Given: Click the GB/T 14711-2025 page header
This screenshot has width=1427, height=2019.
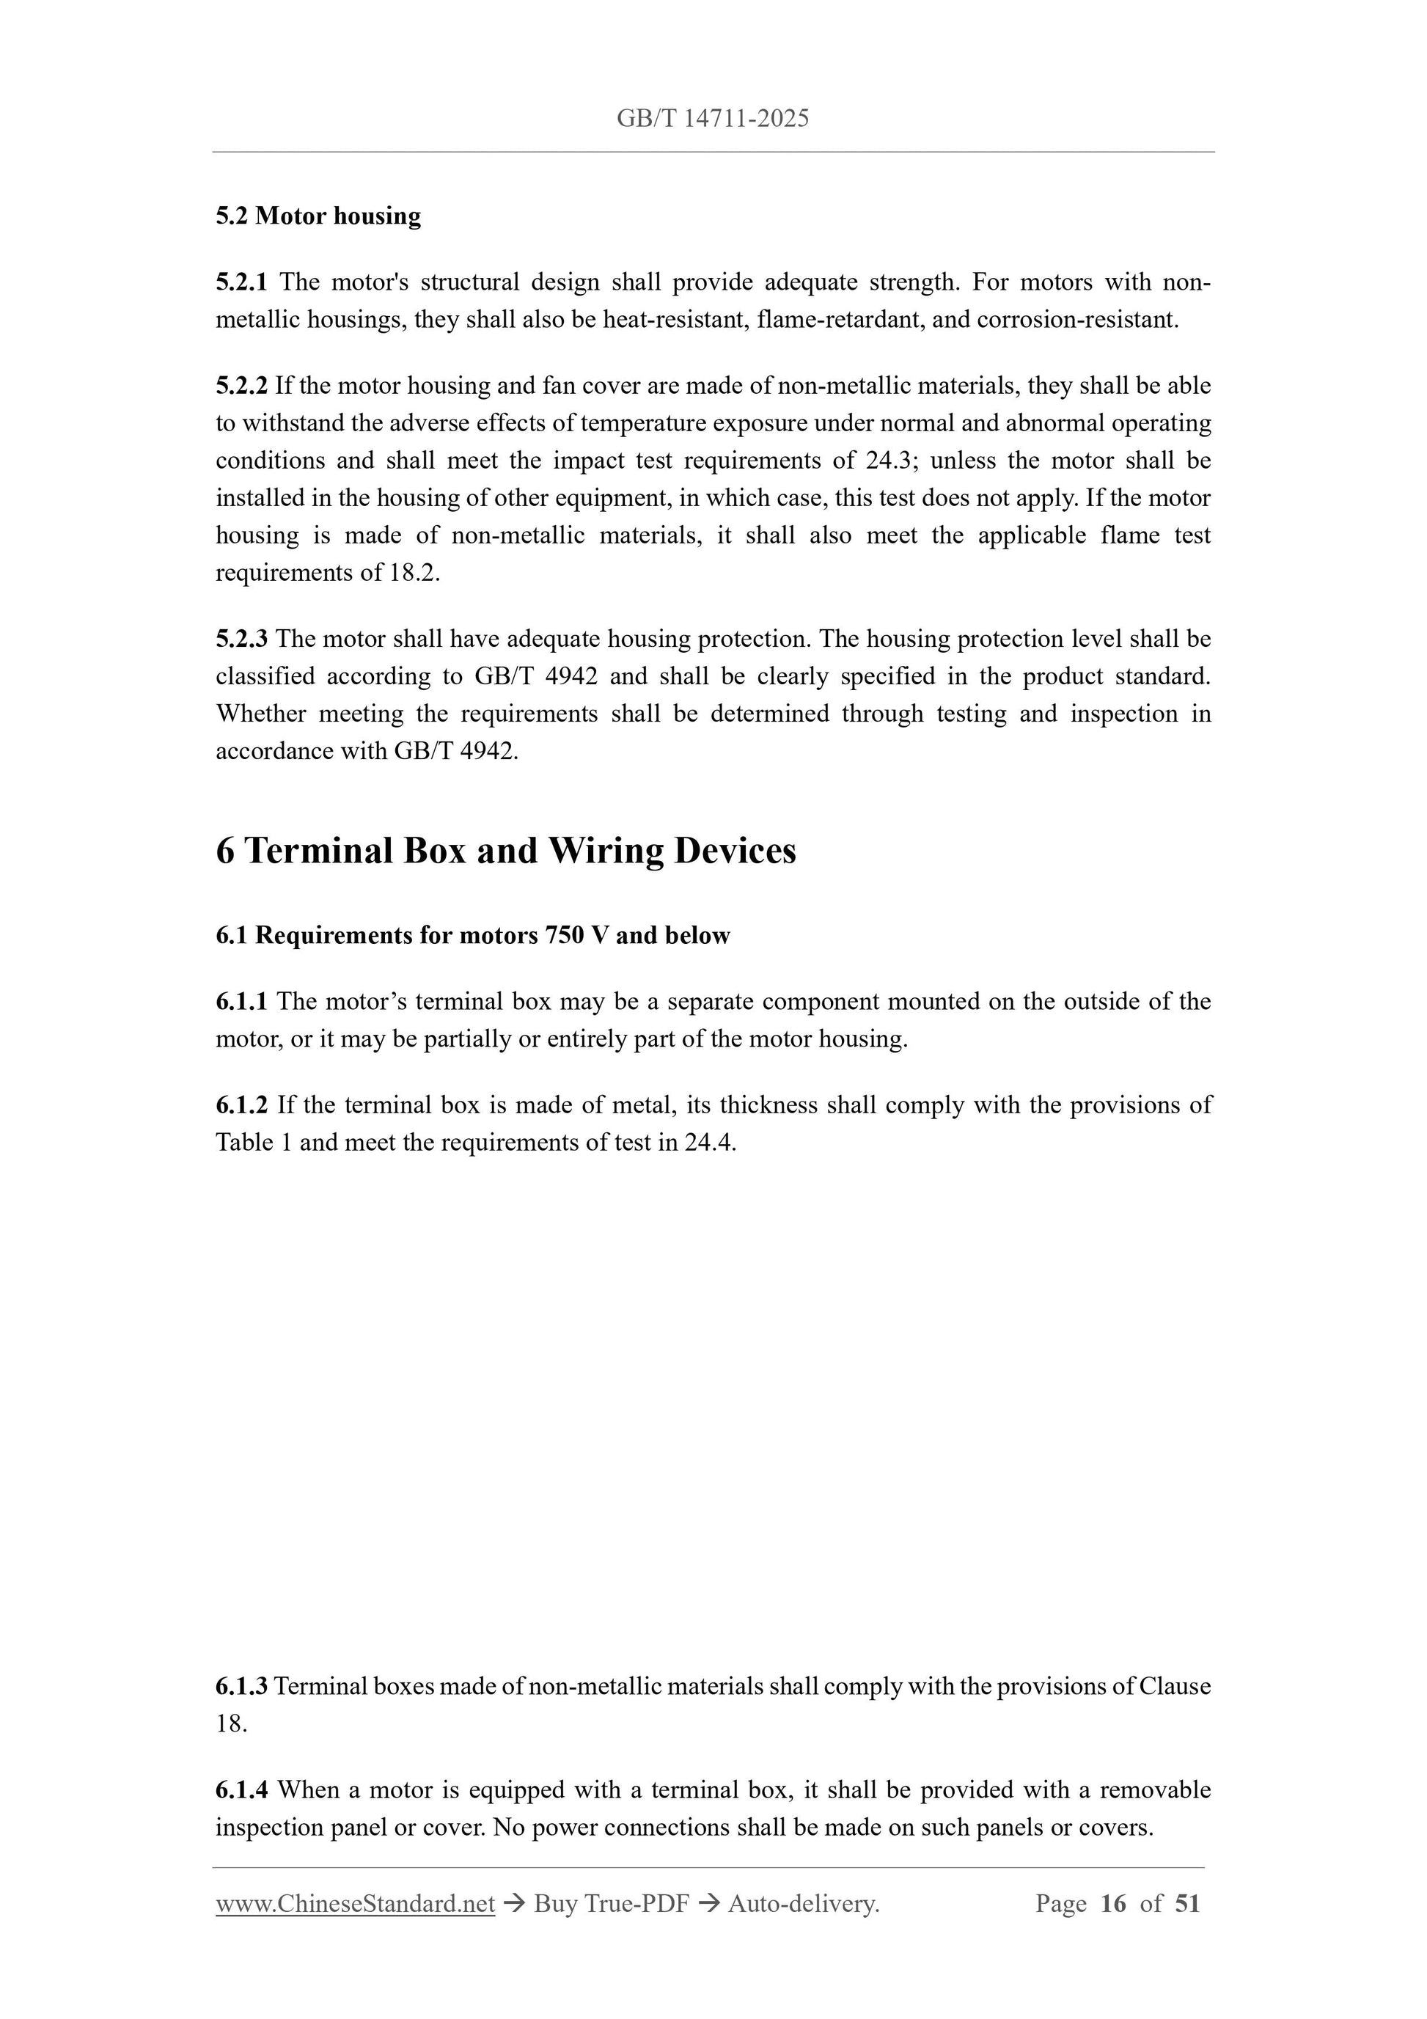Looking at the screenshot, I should coord(712,119).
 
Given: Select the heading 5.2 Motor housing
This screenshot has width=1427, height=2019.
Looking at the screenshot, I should coord(318,216).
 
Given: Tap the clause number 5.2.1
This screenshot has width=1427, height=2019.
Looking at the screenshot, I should coord(241,282).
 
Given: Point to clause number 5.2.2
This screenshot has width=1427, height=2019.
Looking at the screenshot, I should coord(241,386).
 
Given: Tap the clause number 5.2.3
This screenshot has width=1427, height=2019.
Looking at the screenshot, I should coord(241,640).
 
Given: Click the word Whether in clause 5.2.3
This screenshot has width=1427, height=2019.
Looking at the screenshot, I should coord(260,714).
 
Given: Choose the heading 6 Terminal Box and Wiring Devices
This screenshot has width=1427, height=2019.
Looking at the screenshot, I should coord(505,851).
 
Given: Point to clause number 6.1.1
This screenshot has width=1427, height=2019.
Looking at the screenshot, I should coord(241,1002).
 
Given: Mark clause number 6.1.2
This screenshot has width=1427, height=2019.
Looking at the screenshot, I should coord(241,1105).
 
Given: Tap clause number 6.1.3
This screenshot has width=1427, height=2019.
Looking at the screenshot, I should coord(241,1687).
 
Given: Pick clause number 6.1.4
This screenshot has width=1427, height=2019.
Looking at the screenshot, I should coord(241,1790).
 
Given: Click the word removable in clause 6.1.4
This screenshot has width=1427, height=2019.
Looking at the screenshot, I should coord(1156,1790).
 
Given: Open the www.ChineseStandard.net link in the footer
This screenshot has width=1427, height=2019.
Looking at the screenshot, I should coord(355,1905).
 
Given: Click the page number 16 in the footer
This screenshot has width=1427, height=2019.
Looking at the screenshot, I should coord(1112,1905).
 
